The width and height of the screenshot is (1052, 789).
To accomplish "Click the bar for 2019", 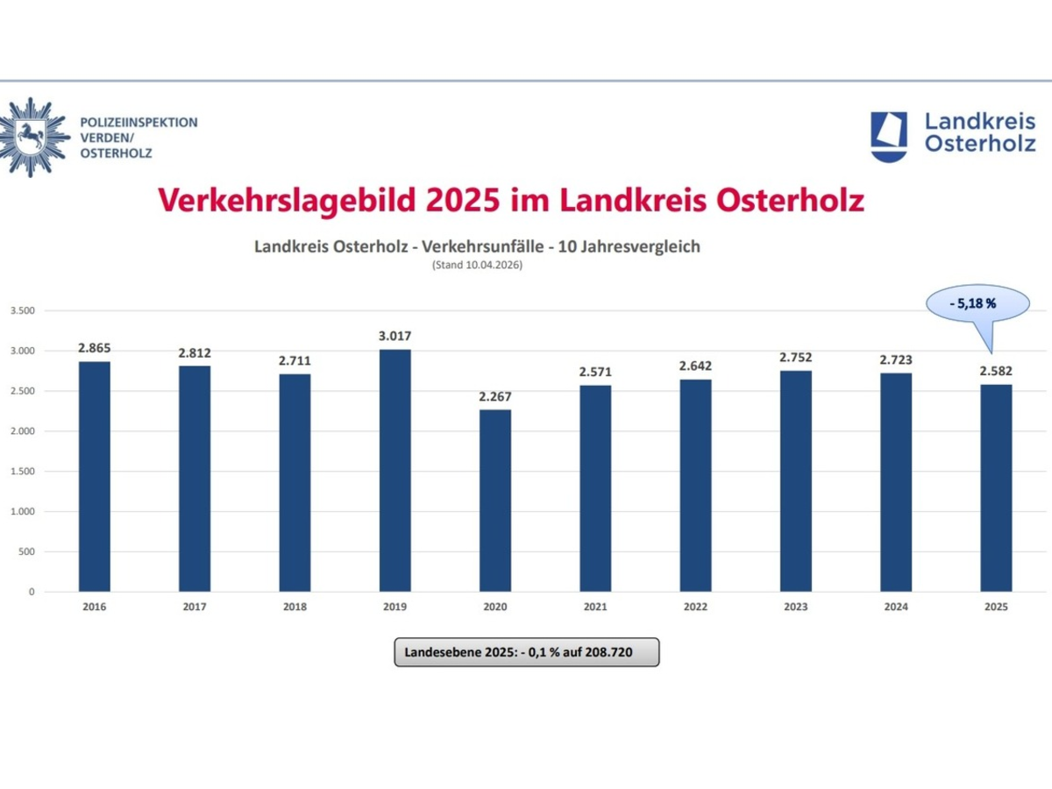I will click(394, 470).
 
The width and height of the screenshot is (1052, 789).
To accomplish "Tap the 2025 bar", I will click(996, 487).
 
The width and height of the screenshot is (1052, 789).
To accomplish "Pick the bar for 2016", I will click(95, 476).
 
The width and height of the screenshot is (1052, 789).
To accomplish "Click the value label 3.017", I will click(394, 336).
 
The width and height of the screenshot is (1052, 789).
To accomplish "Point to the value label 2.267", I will click(495, 396).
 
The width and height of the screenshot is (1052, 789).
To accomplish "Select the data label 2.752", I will click(796, 358).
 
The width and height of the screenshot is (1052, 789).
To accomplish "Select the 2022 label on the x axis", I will click(695, 607).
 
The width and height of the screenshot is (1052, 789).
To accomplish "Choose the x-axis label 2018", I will click(295, 607).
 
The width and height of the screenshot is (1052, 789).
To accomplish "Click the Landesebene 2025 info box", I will click(526, 652).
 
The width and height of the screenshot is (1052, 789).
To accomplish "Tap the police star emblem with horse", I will click(33, 137).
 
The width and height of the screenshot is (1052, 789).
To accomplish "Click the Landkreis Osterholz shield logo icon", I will click(889, 135).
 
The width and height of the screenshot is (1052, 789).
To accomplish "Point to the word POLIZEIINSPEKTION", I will click(139, 123).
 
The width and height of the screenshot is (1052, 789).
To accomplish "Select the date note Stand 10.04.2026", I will click(477, 265).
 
